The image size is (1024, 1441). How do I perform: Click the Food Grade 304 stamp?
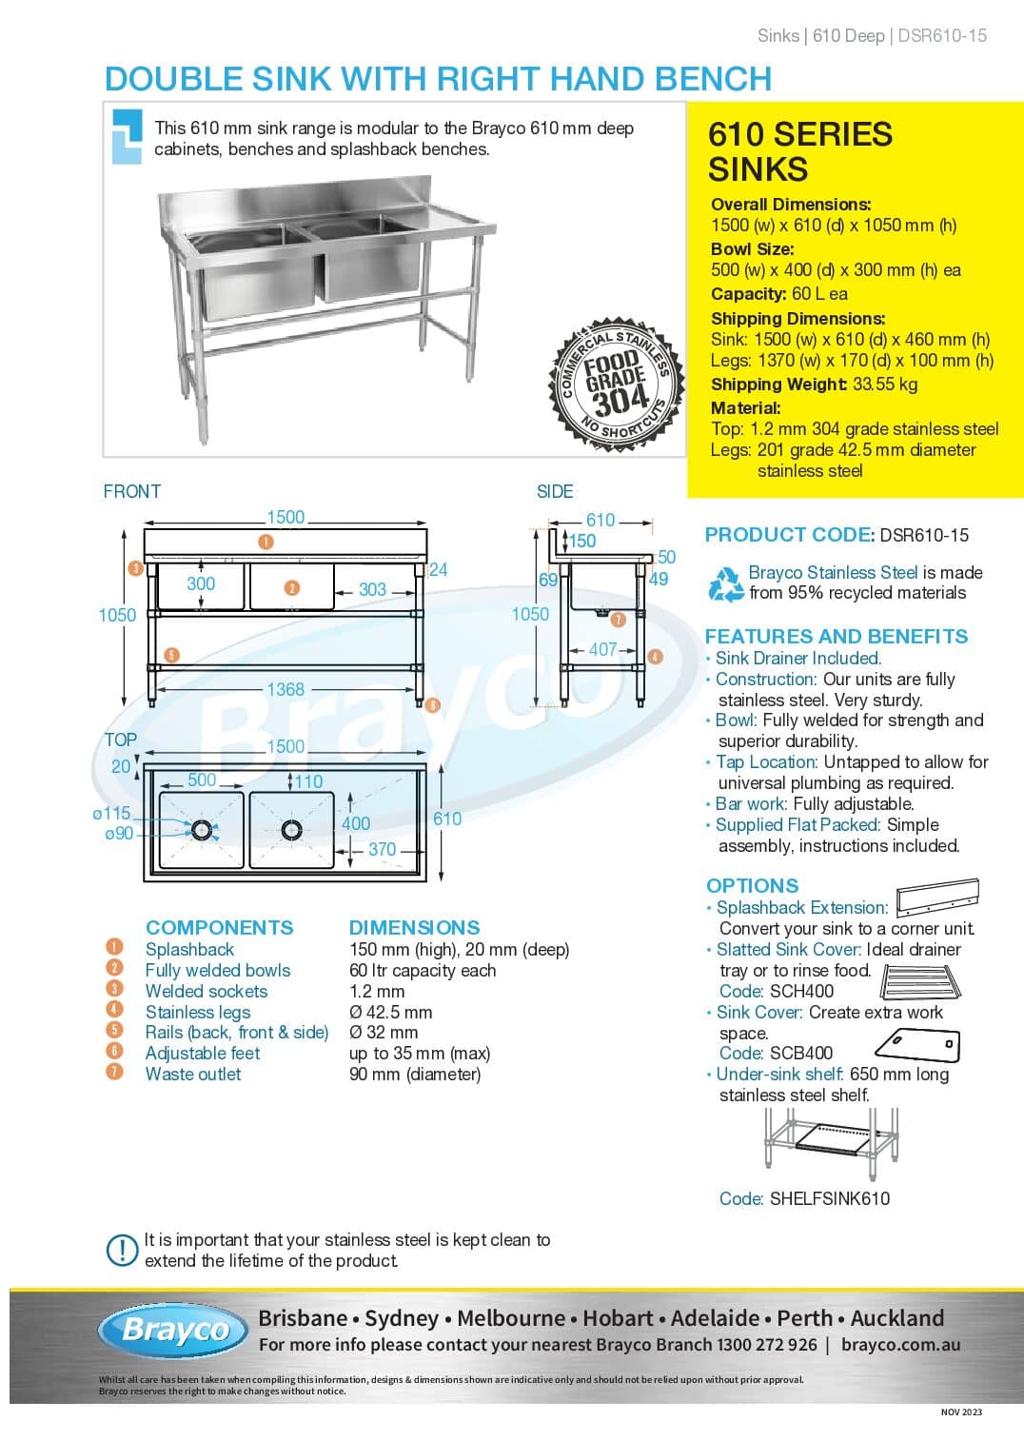point(616,385)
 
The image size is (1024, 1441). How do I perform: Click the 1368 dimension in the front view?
point(286,689)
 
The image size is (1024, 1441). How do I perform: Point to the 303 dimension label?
point(372,589)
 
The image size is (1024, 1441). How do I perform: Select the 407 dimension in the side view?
point(602,650)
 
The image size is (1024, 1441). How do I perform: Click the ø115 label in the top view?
point(112,813)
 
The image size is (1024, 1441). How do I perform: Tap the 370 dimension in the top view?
point(382,849)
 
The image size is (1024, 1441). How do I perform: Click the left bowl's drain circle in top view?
point(202,830)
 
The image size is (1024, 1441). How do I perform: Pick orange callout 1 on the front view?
point(266,543)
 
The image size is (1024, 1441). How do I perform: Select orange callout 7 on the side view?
point(619,620)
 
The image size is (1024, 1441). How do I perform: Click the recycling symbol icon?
point(726,584)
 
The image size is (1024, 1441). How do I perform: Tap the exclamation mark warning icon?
point(122,1250)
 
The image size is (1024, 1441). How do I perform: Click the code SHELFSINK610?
point(830,1198)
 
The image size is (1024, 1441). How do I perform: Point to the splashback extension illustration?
point(937,898)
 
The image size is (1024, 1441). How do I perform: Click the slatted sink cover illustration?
point(920,982)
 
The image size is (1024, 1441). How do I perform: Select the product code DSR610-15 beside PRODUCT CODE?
point(924,535)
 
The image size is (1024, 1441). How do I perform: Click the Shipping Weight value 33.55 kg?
point(885,385)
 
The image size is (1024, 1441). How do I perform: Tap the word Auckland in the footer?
point(897,1318)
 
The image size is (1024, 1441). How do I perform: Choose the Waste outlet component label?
point(193,1075)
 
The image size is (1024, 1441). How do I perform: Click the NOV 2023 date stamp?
point(961,1412)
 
